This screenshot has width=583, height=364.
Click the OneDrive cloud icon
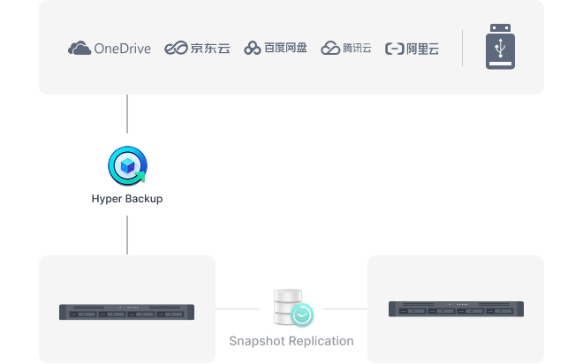(x=79, y=49)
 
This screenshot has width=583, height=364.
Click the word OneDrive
(x=122, y=49)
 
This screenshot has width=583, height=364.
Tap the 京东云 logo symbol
(x=176, y=48)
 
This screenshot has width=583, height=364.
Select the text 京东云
(x=210, y=48)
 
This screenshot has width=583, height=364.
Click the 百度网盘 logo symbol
(x=252, y=48)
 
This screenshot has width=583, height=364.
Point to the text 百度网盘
(x=285, y=48)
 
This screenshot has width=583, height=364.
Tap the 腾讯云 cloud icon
(x=330, y=48)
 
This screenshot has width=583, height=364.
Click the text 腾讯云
(x=357, y=48)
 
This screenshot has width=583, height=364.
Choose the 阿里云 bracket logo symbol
(x=395, y=49)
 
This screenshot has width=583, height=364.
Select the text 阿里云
(x=423, y=49)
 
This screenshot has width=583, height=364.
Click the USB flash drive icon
(x=501, y=47)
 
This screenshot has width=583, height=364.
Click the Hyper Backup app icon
(x=127, y=165)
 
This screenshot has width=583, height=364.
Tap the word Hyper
(x=107, y=199)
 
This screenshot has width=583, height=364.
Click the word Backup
(x=144, y=199)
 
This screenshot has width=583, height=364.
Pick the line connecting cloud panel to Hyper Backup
(x=127, y=114)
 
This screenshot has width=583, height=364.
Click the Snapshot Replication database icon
(x=294, y=307)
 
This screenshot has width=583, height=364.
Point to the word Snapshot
(x=257, y=341)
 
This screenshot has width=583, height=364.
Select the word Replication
(x=322, y=341)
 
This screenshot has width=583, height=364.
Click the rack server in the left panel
(x=127, y=312)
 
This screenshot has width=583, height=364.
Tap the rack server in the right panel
(x=456, y=309)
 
